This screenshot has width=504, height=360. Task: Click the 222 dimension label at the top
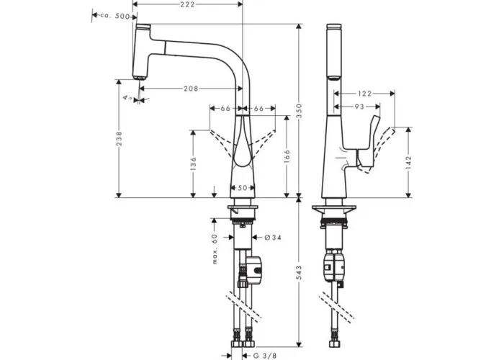point(187,4)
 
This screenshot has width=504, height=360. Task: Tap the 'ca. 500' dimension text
point(115,16)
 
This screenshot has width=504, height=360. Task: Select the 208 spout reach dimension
point(191,89)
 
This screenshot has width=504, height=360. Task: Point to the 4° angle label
point(127,97)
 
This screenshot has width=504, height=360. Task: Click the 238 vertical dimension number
point(120,138)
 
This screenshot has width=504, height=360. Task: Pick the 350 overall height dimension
point(299,111)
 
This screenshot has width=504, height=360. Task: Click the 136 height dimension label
point(193,163)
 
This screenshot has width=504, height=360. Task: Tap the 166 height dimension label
point(287,156)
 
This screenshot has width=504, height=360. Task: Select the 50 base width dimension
point(243,188)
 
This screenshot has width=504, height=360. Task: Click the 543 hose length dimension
point(299,273)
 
